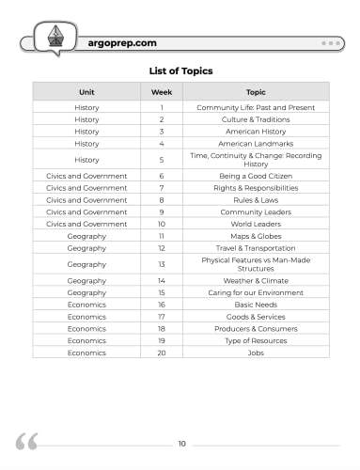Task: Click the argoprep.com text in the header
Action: [119, 43]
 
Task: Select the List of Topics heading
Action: [180, 70]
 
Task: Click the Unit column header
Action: [86, 92]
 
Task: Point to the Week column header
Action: [162, 92]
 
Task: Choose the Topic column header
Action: [256, 92]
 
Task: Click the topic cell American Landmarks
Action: [256, 144]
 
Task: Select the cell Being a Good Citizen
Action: [256, 176]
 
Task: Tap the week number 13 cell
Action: [162, 264]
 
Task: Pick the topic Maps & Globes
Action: [256, 235]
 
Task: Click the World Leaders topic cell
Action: [256, 224]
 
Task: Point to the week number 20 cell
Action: [162, 352]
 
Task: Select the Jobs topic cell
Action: [256, 352]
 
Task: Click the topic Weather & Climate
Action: [256, 281]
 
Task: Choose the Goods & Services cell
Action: [256, 317]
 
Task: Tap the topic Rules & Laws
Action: [256, 199]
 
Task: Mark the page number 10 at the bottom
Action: [181, 443]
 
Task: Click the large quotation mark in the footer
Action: [27, 442]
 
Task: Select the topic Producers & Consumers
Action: [256, 329]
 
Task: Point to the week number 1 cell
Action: [162, 108]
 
